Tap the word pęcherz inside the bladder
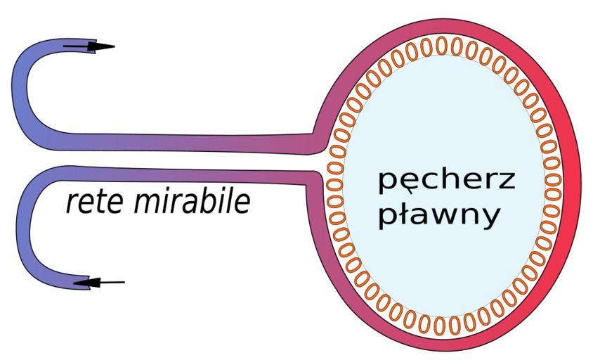pos(447,181)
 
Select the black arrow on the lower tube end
pos(98,283)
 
